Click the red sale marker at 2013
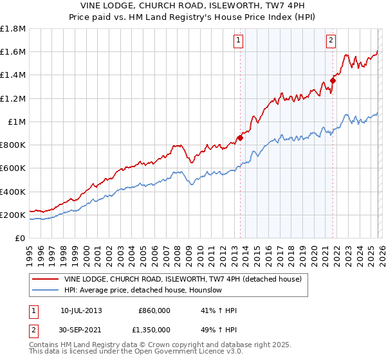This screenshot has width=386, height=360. tap(240, 137)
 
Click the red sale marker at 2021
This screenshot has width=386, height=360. tap(333, 80)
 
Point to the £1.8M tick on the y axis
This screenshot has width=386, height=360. tap(13, 29)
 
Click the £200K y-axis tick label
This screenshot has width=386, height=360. tap(13, 215)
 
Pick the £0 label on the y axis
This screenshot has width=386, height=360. tap(21, 239)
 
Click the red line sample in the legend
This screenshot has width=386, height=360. tap(45, 280)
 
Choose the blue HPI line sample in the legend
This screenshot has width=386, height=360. tap(45, 291)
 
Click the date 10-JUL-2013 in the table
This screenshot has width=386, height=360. tap(81, 310)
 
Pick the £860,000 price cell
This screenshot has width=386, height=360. tap(154, 310)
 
